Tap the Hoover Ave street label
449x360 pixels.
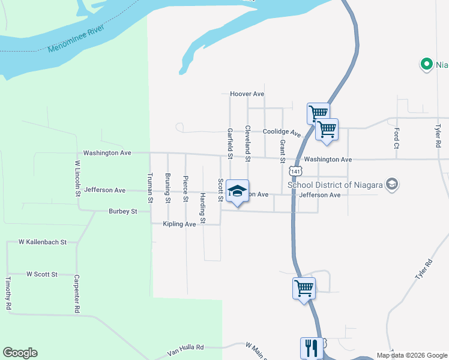click(247, 94)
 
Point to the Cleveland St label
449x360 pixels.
click(247, 143)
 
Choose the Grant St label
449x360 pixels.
click(282, 152)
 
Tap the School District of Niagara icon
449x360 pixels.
click(393, 184)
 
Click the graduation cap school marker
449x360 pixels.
click(237, 191)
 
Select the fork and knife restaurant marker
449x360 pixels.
click(312, 348)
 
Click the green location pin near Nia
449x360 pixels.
click(426, 64)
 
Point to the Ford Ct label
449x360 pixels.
click(397, 139)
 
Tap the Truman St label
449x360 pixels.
click(150, 188)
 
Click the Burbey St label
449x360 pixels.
click(123, 211)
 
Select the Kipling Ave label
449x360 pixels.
click(179, 224)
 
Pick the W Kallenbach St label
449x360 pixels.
click(42, 242)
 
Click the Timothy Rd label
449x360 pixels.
click(8, 293)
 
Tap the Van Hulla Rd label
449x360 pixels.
click(187, 347)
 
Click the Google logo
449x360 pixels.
click(20, 353)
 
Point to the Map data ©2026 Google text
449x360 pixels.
click(411, 355)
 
